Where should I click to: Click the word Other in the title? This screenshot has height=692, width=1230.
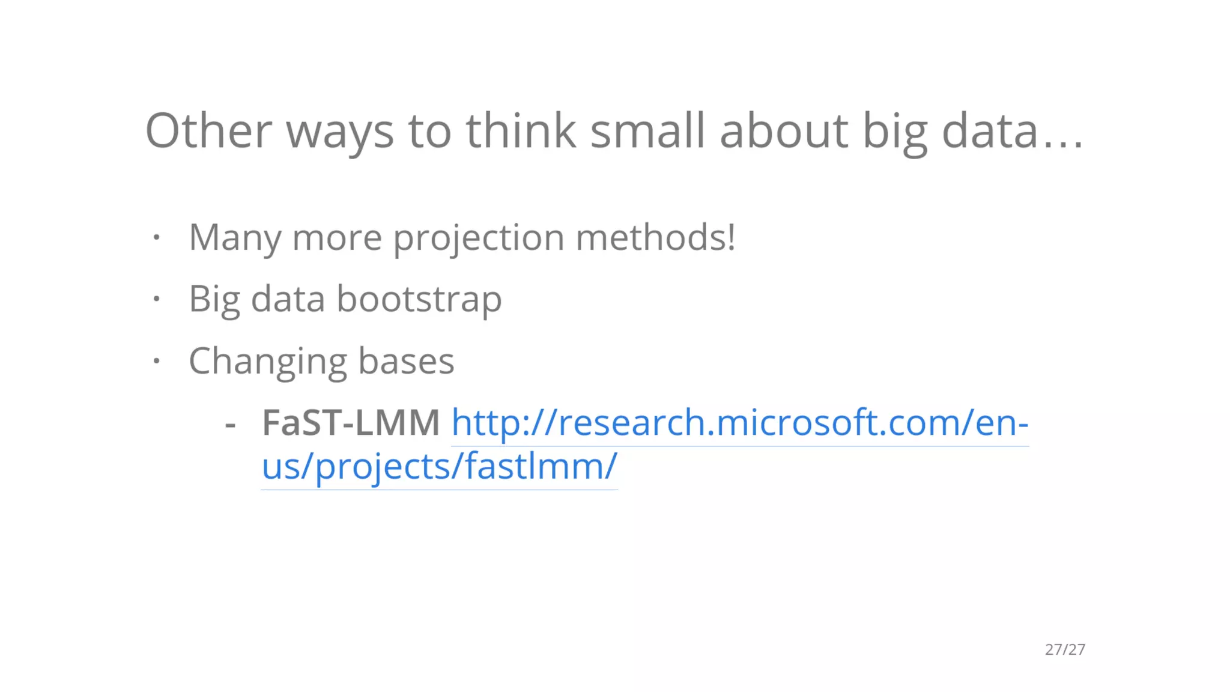point(208,130)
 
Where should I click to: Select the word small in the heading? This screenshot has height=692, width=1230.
point(647,130)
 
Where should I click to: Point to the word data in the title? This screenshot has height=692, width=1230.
point(990,130)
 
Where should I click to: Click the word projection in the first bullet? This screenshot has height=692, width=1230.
point(479,238)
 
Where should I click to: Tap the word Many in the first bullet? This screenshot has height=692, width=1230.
point(235,238)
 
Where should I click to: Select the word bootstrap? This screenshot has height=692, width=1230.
point(419,299)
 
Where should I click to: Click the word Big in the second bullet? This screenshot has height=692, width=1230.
point(214,299)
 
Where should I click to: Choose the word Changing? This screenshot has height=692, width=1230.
point(268,362)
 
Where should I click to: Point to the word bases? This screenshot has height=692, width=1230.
point(406,361)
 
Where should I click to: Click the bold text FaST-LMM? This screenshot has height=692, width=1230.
point(351,422)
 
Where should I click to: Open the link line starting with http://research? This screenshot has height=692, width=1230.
point(740,422)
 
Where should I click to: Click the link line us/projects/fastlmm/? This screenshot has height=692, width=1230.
point(439,467)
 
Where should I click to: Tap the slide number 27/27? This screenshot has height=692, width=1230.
point(1065,649)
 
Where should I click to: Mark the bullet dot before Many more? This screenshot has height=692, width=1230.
point(156,237)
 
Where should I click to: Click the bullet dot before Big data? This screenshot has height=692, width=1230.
point(156,299)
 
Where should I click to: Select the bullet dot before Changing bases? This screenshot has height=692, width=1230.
point(156,360)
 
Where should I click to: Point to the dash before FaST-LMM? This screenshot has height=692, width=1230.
point(230,425)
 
